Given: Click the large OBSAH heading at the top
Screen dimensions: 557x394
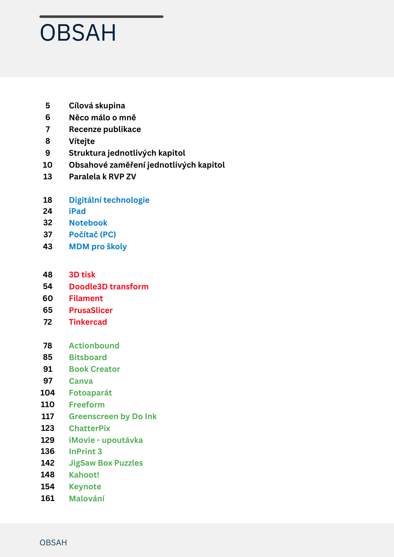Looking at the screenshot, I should pos(78,33).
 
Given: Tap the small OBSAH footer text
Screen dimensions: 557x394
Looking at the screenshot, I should pos(53,543).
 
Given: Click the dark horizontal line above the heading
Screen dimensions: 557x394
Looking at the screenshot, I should pos(101,17).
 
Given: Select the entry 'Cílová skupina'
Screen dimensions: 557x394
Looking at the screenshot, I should pos(97,106).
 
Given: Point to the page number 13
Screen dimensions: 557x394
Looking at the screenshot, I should pos(48,177).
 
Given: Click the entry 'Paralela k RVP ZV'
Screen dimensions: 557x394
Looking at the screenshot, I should pos(103,177).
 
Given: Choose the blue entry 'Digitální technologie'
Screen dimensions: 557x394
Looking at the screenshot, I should pos(109,200).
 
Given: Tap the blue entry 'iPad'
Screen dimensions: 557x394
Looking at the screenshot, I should pos(77,211).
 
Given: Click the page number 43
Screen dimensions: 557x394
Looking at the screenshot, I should pos(48,247).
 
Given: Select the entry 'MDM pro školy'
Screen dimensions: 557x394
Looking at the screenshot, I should pos(98,247).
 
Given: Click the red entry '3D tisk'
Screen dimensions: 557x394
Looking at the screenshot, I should pos(82,275).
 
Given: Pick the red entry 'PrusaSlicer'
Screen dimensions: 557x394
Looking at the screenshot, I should pos(91,310).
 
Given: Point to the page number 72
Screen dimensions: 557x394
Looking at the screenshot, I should pos(48,322).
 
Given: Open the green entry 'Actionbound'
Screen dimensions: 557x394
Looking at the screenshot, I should pos(94,346).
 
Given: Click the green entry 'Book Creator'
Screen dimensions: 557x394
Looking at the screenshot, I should pos(94,369).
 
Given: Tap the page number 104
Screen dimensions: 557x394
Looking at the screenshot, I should pos(48,393).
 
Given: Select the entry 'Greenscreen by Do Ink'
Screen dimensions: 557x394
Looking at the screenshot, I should pos(113,417).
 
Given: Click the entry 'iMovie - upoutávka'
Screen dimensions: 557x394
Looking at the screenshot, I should pos(106,440).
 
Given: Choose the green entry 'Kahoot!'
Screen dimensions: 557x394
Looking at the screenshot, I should pos(84,475).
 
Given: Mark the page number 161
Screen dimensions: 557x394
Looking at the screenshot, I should pos(48,499).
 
